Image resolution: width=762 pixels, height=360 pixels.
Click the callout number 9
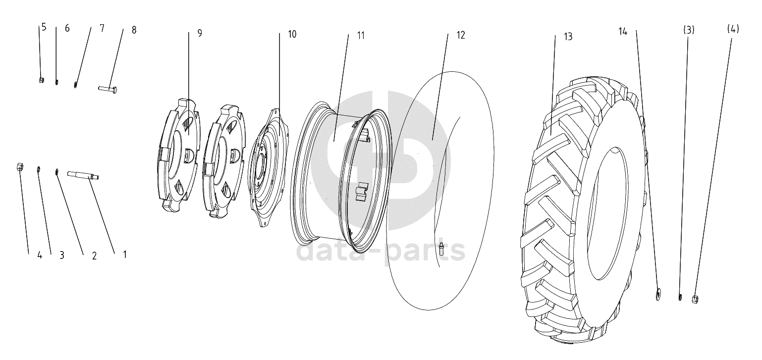tap(200, 33)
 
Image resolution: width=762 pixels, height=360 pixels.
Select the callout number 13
tap(568, 37)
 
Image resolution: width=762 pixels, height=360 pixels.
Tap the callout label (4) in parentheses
tap(733, 29)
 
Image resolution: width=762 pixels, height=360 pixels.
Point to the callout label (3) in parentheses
tap(689, 30)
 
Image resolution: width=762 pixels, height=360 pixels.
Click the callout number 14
tap(623, 32)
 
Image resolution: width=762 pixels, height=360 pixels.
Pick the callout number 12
tap(461, 35)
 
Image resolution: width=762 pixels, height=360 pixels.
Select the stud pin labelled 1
tap(83, 175)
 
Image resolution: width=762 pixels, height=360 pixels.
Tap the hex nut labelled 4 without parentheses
tap(20, 167)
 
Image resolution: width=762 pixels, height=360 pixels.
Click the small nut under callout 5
tap(41, 80)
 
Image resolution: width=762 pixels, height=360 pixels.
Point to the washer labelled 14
tap(658, 293)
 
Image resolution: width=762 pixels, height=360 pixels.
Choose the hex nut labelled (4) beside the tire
tap(695, 300)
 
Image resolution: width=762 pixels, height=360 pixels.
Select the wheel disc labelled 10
tap(269, 167)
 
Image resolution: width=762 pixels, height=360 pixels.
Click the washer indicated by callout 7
tap(75, 85)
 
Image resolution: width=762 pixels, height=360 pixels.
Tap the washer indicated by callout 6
tap(57, 82)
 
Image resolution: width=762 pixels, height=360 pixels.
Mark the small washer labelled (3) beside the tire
tap(680, 297)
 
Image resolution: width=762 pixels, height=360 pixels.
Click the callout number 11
tap(361, 35)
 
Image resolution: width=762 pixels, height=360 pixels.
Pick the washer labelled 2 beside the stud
tap(57, 172)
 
